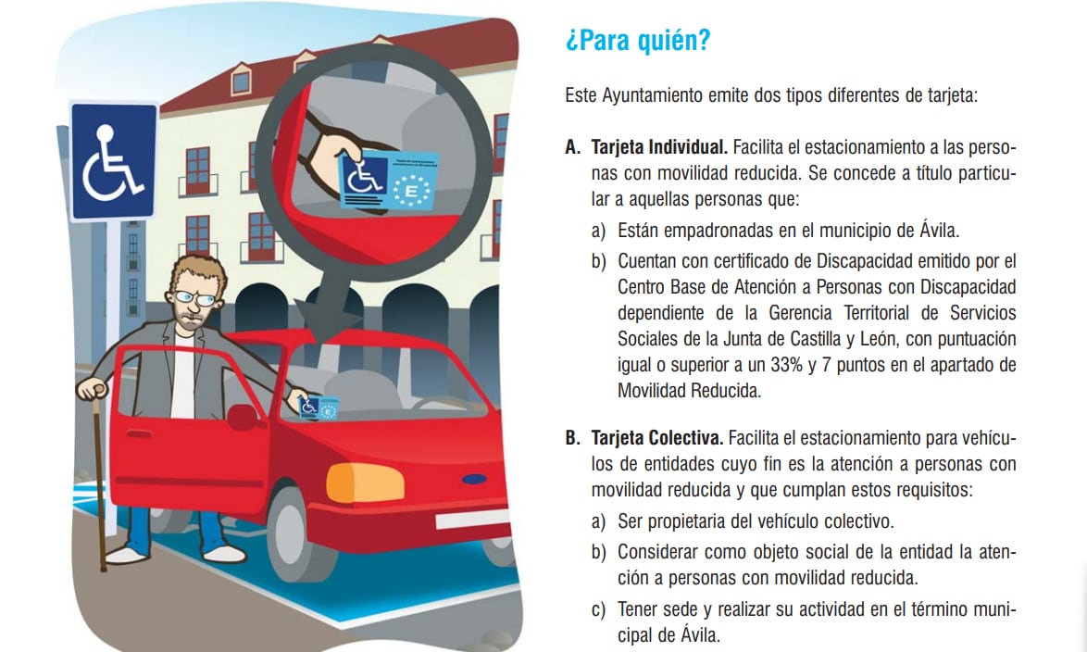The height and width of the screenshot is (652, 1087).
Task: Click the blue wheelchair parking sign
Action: tap(114, 161)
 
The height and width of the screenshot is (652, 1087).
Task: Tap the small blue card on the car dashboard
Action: tap(319, 406)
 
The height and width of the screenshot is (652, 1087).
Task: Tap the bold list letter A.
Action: tap(571, 147)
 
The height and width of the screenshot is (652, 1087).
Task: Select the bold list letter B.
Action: tap(571, 437)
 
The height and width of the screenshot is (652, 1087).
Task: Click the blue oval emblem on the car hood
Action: tap(474, 480)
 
